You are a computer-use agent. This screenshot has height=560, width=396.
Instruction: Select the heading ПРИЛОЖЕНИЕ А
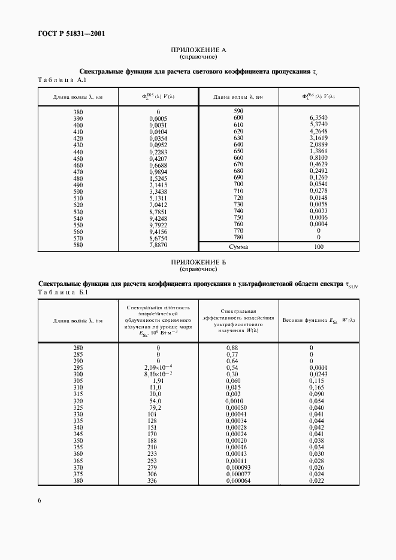(x=198, y=50)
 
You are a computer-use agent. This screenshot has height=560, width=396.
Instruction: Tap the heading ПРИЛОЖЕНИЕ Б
(x=198, y=263)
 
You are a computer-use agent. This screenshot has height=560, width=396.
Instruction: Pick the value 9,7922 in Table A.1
(x=158, y=224)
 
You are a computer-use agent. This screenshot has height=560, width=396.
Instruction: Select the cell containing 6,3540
(x=318, y=118)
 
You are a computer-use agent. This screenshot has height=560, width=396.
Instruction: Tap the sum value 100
(x=318, y=246)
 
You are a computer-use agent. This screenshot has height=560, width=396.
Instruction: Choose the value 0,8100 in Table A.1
(x=318, y=157)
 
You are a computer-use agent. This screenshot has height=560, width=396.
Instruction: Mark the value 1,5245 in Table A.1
(x=158, y=178)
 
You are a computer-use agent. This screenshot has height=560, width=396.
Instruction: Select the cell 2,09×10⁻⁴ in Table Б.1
(x=158, y=367)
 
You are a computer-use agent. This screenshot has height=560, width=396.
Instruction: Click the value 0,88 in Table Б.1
(x=232, y=348)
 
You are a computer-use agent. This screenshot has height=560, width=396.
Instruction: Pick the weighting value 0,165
(x=317, y=386)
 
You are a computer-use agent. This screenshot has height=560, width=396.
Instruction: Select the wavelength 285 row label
(x=78, y=354)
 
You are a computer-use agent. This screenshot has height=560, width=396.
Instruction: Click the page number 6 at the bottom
(x=39, y=500)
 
